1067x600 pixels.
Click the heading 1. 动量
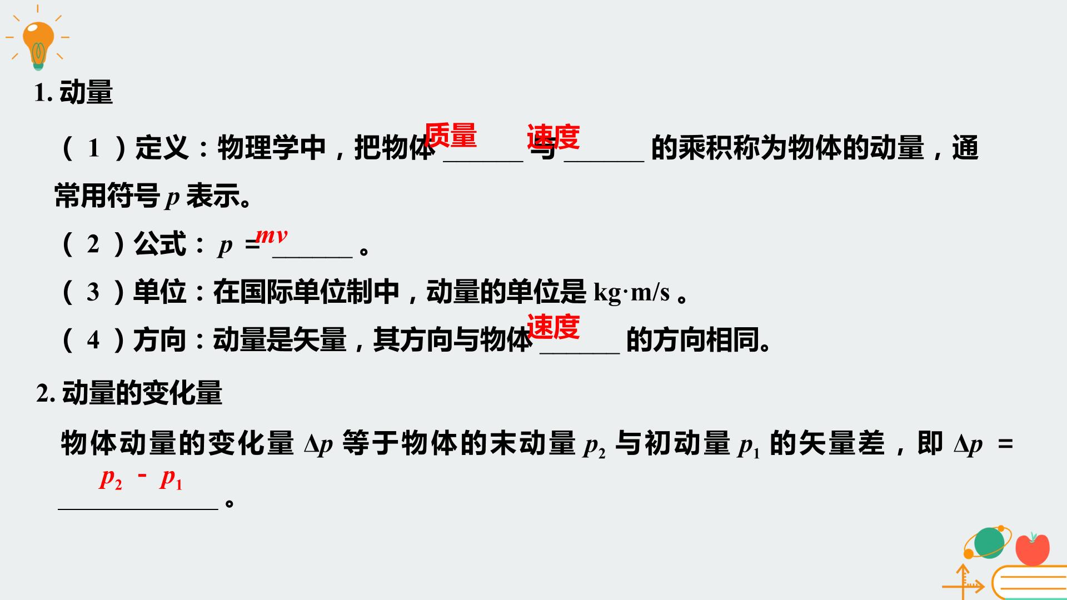tap(73, 92)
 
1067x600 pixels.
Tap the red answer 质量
tap(451, 136)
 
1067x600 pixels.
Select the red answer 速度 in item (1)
tap(554, 137)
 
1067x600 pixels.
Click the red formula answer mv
tap(271, 236)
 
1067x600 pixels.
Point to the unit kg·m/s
tap(632, 292)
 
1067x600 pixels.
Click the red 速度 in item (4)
tap(554, 327)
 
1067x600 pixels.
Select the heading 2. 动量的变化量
tap(129, 393)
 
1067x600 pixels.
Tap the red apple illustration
tap(1033, 549)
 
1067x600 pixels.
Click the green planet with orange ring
tap(988, 542)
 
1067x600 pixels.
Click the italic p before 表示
tap(173, 198)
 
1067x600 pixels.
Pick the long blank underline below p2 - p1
tap(138, 508)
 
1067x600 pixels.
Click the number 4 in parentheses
tap(93, 339)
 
